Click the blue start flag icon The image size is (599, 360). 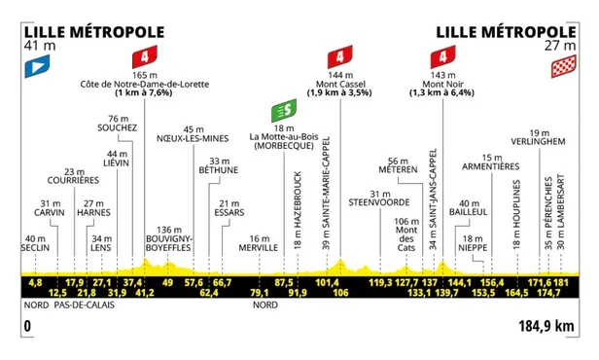(x=35, y=67)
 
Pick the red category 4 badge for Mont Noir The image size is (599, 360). (x=442, y=55)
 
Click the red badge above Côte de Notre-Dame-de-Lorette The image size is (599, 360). (x=147, y=55)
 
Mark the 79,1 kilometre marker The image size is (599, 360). (x=259, y=292)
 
